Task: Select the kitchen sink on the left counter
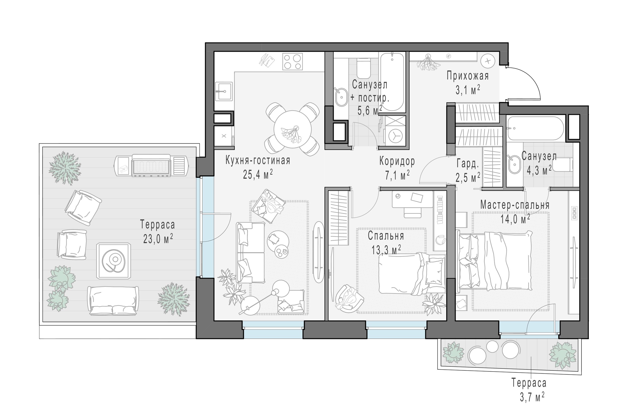click(x=224, y=91)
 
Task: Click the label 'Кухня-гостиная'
click(x=258, y=161)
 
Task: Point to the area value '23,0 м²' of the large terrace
click(x=158, y=239)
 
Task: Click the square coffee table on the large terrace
click(x=114, y=261)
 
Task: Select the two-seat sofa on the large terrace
click(x=113, y=301)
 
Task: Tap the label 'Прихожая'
click(x=468, y=76)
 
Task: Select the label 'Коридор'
click(x=397, y=161)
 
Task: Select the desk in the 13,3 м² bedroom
click(x=412, y=199)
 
